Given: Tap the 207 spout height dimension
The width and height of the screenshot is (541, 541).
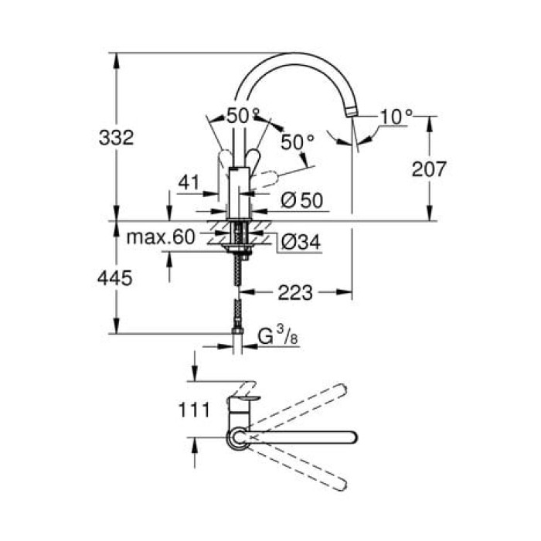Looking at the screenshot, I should click(430, 168).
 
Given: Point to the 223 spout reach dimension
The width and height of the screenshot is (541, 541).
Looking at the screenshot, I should click(295, 292).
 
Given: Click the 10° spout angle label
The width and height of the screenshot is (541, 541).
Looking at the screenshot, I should click(397, 117).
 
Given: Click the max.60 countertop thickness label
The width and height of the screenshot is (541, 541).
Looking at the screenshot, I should click(162, 237).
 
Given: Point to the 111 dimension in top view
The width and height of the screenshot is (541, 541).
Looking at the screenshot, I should click(194, 410).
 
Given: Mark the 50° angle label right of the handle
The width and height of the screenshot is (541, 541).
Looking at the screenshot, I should click(298, 142).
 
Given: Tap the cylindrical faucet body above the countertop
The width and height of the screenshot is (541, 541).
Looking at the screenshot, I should click(241, 198).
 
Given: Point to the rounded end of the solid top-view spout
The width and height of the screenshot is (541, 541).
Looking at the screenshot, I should click(352, 437).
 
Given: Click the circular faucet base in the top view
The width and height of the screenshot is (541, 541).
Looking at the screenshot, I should click(236, 438).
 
